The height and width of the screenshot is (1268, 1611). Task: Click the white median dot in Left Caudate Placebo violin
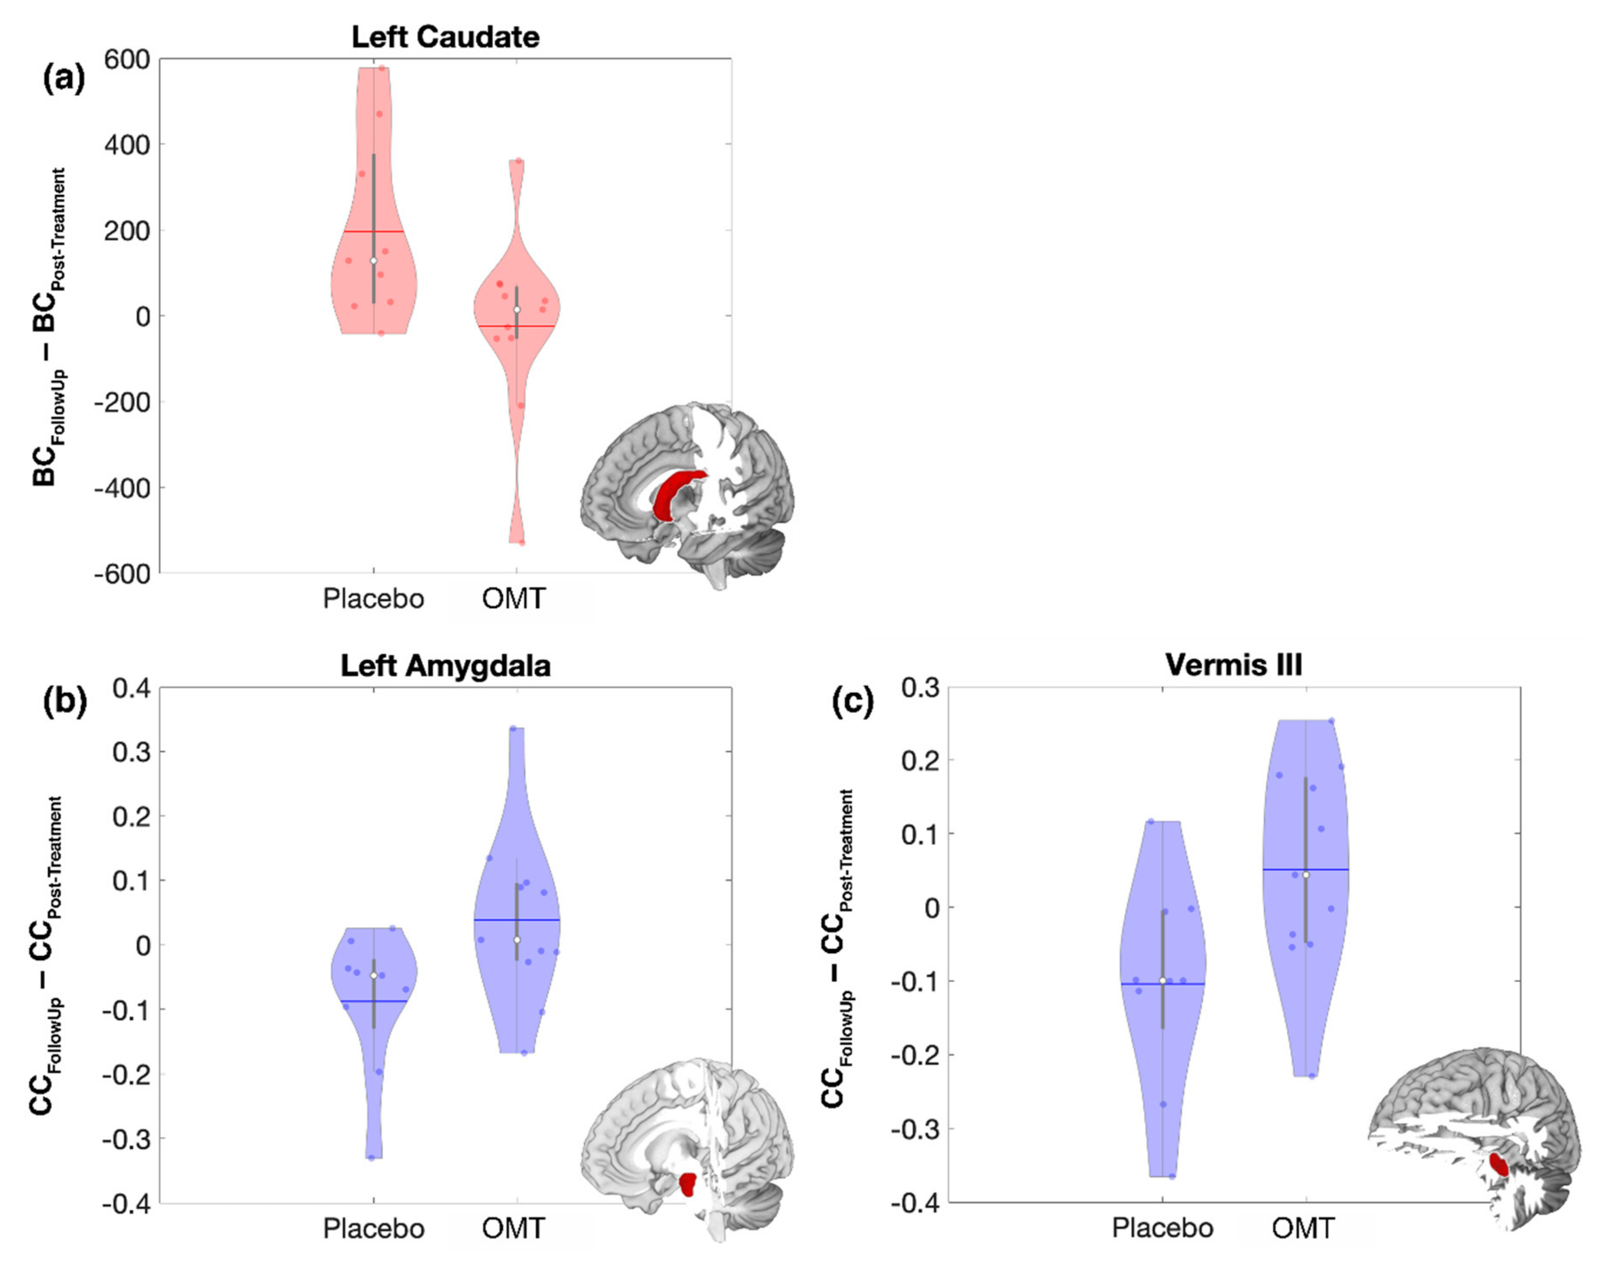pyautogui.click(x=373, y=260)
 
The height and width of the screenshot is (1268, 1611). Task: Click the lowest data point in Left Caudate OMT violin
pyautogui.click(x=522, y=543)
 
